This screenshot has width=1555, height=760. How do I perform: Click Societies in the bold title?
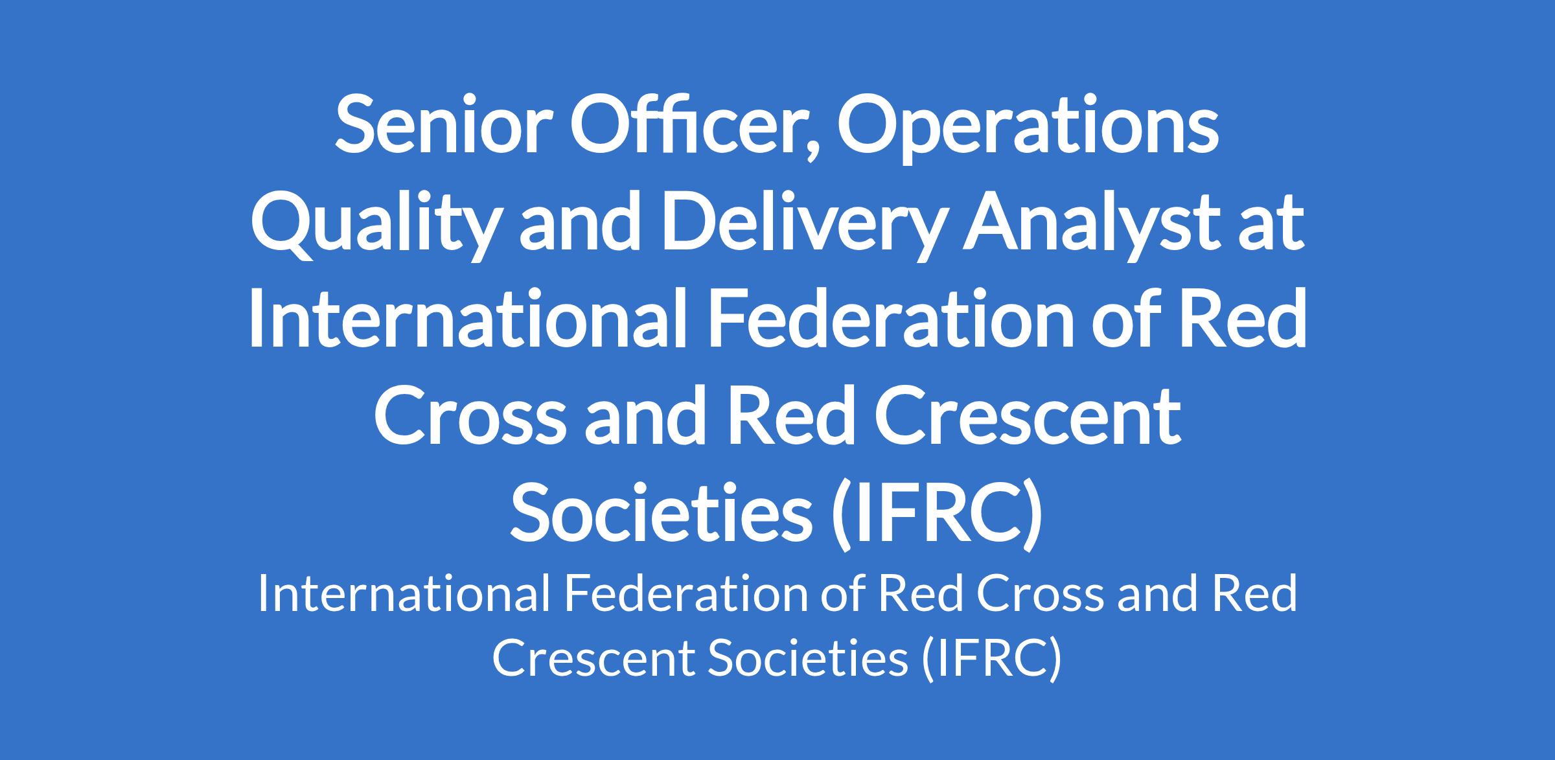click(x=661, y=514)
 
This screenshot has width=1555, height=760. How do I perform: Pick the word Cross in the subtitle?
click(x=1041, y=594)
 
